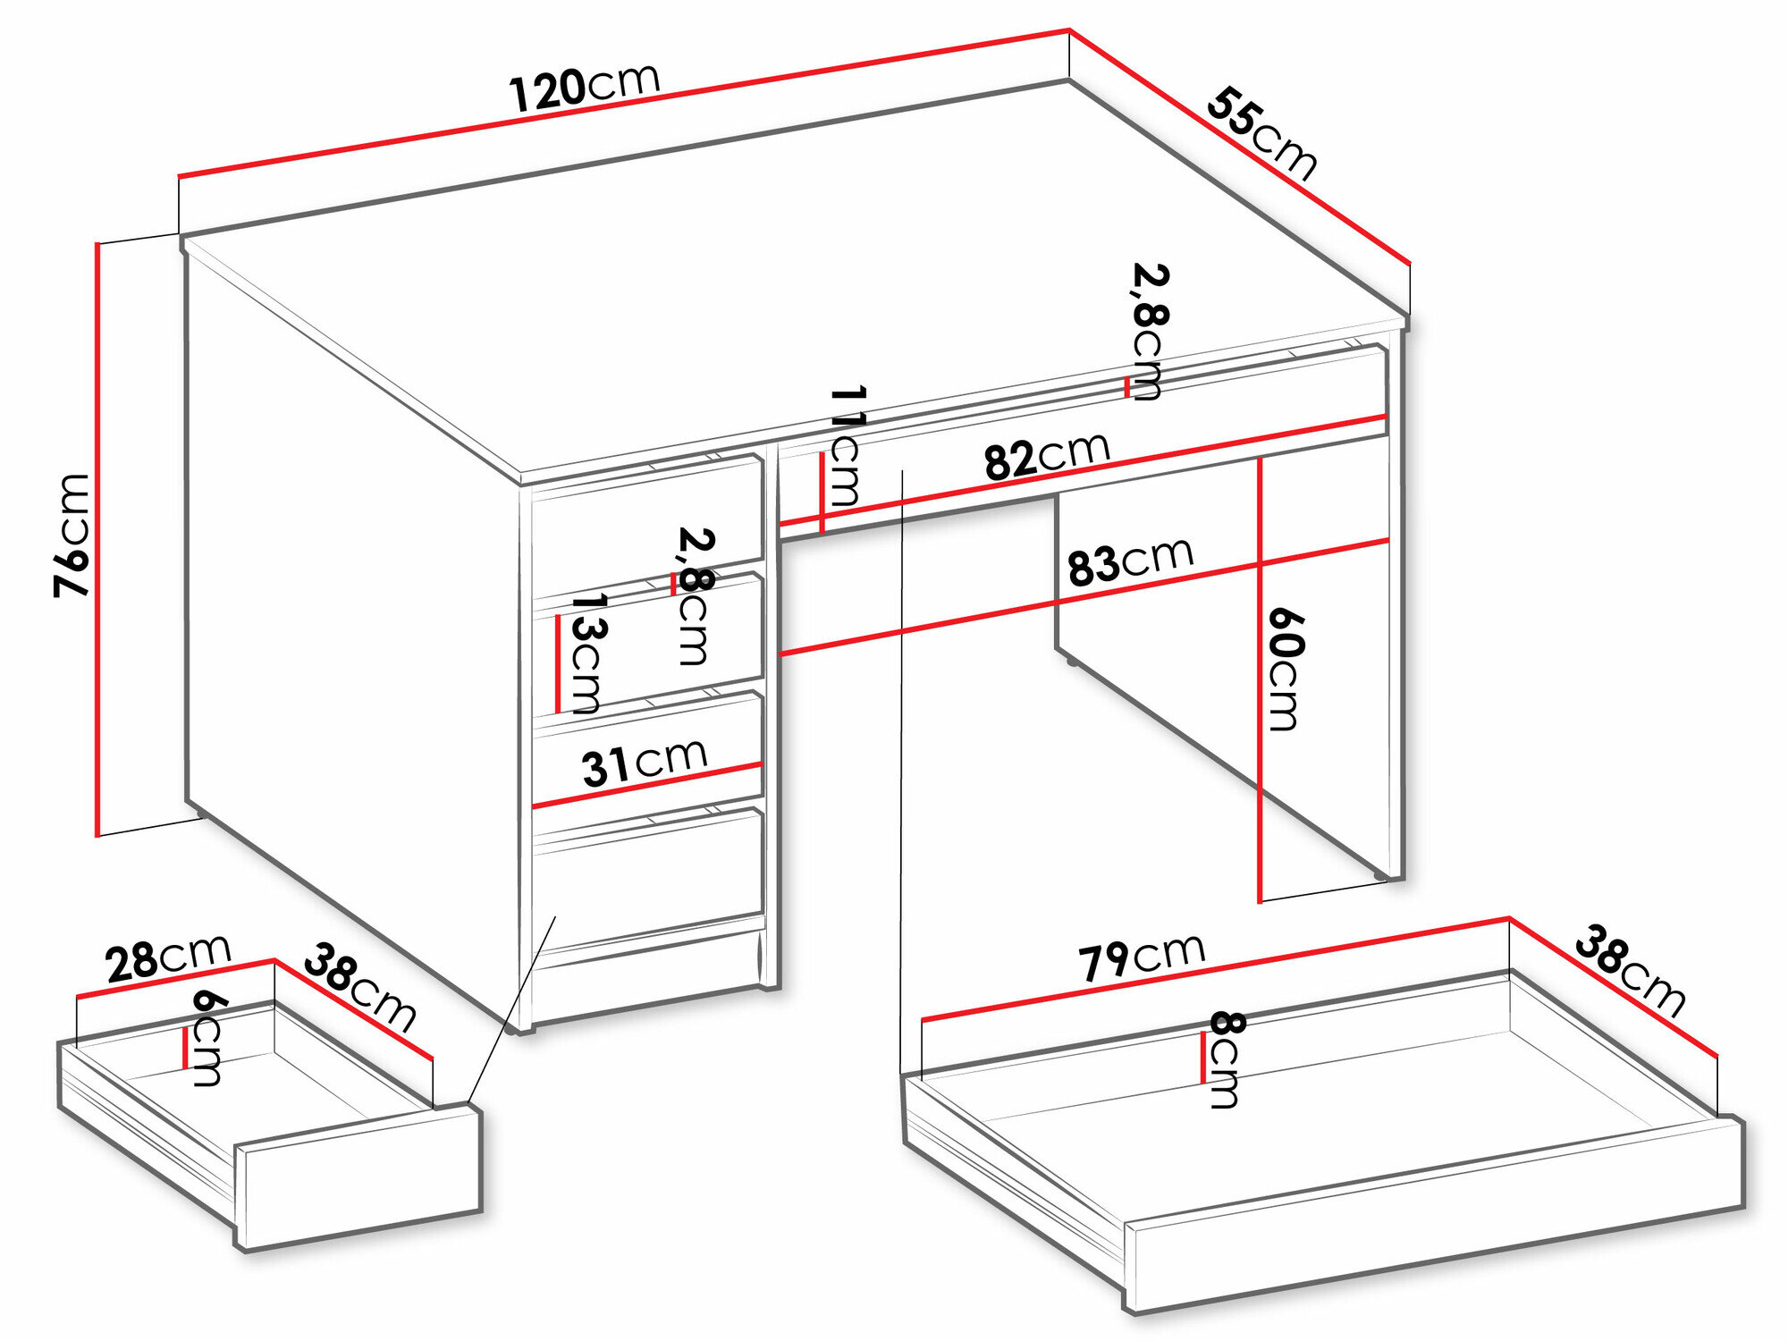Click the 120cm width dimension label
(x=585, y=88)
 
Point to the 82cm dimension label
(x=1047, y=457)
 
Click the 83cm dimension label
(x=1130, y=561)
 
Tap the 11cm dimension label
(x=846, y=447)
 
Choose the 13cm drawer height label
(x=586, y=653)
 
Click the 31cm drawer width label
(x=644, y=763)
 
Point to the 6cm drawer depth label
(x=207, y=1037)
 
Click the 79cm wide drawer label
(x=1142, y=957)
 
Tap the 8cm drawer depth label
(x=1225, y=1059)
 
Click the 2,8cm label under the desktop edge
(x=1148, y=332)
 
